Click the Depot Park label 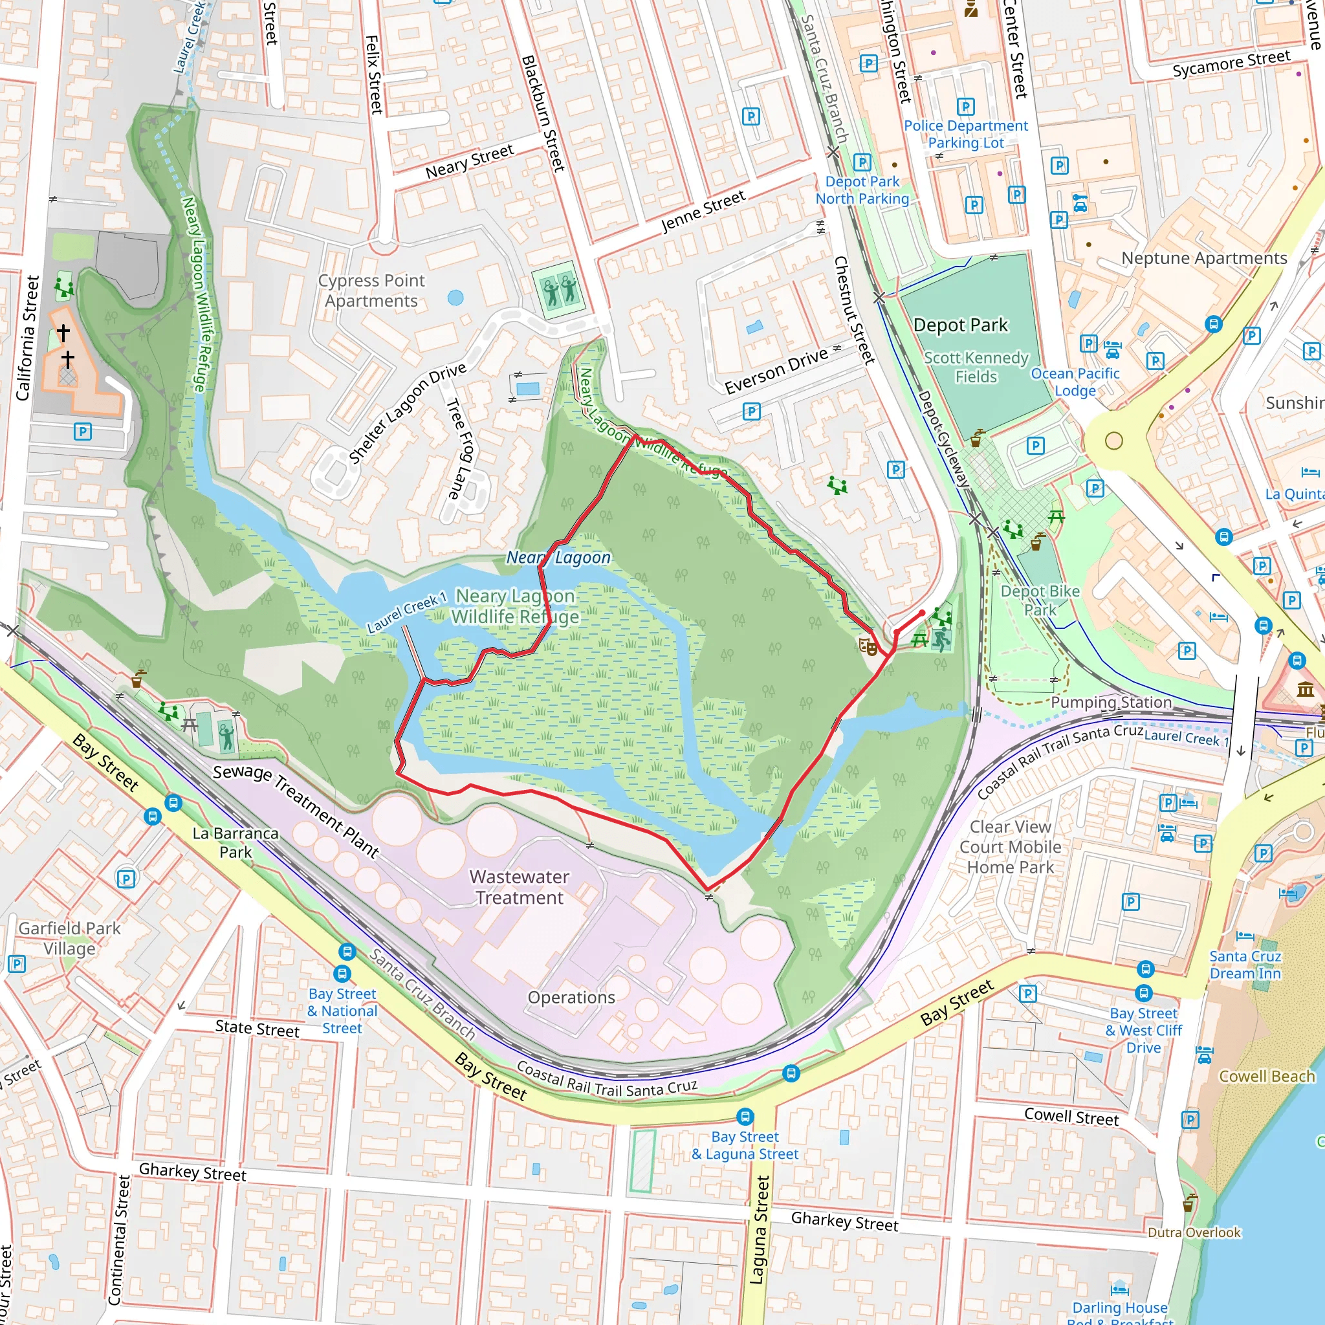pyautogui.click(x=960, y=325)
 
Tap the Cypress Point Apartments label pyautogui.click(x=371, y=290)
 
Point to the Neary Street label pyautogui.click(x=469, y=162)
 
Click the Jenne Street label pyautogui.click(x=703, y=211)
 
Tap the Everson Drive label pyautogui.click(x=776, y=371)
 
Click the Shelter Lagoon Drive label pyautogui.click(x=407, y=413)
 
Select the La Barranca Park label pyautogui.click(x=235, y=842)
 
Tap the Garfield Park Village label pyautogui.click(x=69, y=938)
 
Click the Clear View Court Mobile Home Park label pyautogui.click(x=1009, y=846)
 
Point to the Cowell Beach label pyautogui.click(x=1266, y=1076)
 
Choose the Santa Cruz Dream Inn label pyautogui.click(x=1245, y=964)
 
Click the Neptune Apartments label pyautogui.click(x=1203, y=258)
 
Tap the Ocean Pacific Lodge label pyautogui.click(x=1075, y=381)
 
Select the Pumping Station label pyautogui.click(x=1111, y=701)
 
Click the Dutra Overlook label pyautogui.click(x=1194, y=1232)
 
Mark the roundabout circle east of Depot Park pyautogui.click(x=1114, y=441)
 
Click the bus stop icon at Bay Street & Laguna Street pyautogui.click(x=745, y=1117)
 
